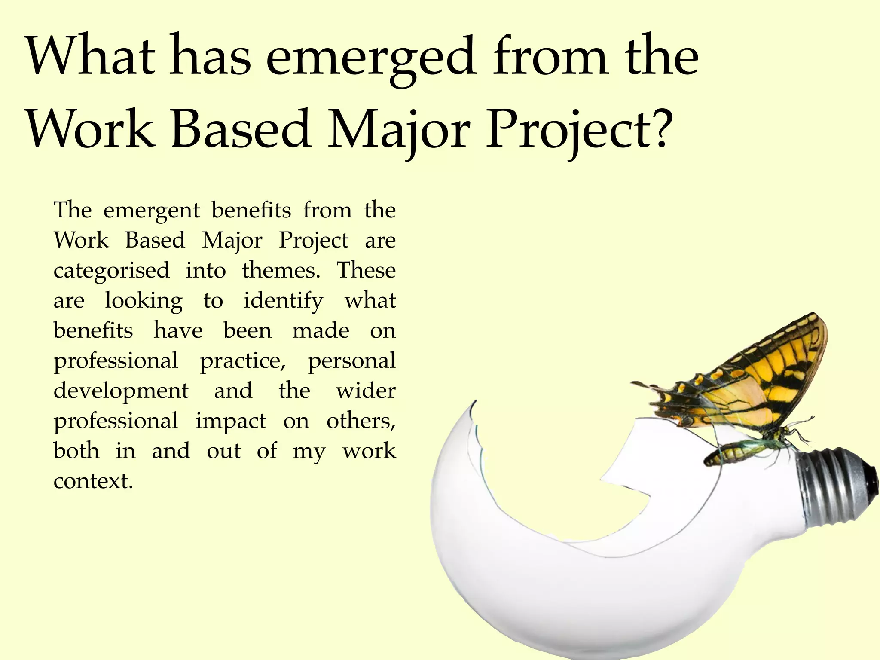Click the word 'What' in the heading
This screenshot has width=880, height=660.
point(90,56)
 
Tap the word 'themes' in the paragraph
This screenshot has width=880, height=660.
point(281,271)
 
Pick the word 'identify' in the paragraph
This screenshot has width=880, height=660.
point(283,301)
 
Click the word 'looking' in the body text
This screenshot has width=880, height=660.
point(144,301)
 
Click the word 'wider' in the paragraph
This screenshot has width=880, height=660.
point(366,391)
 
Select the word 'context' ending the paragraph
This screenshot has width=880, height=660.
point(93,481)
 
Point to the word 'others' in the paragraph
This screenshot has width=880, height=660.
point(360,421)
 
